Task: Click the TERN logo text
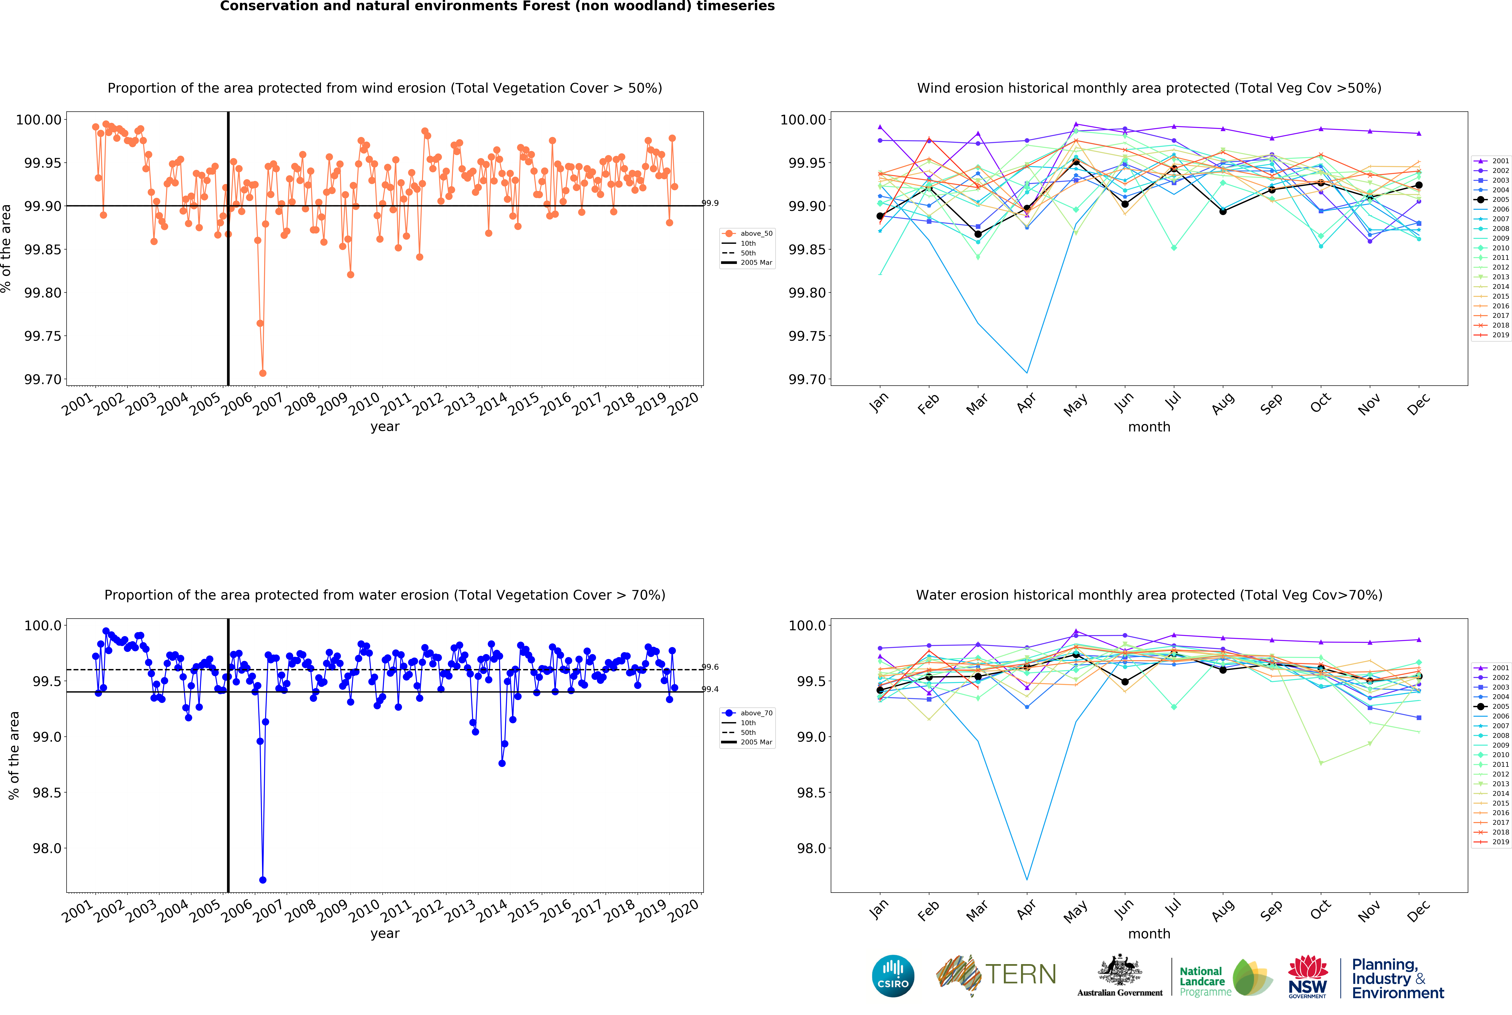[x=1020, y=974]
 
